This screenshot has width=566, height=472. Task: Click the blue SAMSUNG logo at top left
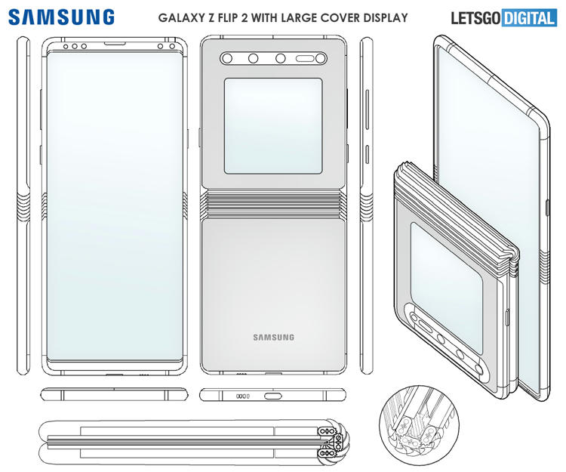tap(61, 17)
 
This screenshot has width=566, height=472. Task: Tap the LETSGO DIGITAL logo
tap(504, 18)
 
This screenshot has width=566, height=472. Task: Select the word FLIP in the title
tap(226, 17)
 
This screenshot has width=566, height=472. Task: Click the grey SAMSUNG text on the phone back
tap(274, 338)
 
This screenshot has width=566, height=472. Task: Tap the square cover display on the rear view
tap(273, 126)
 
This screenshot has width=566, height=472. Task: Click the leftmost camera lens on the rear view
tap(226, 58)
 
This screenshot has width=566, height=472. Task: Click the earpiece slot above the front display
tap(115, 43)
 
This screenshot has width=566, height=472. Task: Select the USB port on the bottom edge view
tap(273, 396)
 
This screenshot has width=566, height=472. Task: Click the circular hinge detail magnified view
tap(420, 425)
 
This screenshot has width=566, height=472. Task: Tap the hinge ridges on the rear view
tap(273, 205)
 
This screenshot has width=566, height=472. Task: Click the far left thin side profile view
tap(23, 205)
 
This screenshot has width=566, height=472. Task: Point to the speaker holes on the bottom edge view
tap(242, 396)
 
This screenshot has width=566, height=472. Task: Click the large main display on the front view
tap(115, 206)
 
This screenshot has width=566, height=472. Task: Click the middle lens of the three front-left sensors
tap(75, 46)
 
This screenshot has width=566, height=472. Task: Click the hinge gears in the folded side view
tap(333, 443)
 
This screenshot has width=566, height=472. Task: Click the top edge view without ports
tap(115, 394)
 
